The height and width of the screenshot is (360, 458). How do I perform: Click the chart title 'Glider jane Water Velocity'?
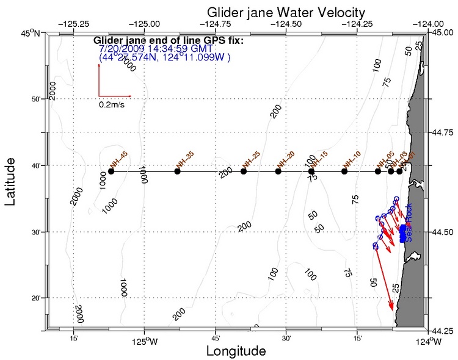click(x=286, y=12)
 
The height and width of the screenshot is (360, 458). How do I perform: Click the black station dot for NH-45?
click(x=111, y=171)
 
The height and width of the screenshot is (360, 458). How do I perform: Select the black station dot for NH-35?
click(x=178, y=171)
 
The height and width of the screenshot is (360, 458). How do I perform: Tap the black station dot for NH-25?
click(x=244, y=171)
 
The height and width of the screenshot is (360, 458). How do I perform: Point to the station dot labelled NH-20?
click(x=278, y=171)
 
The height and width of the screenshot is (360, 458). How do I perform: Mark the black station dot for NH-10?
click(x=344, y=171)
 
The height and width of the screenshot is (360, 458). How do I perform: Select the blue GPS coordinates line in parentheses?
click(x=164, y=57)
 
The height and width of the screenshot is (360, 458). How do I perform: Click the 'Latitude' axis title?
click(x=12, y=181)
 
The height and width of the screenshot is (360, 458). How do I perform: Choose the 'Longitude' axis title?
click(x=236, y=351)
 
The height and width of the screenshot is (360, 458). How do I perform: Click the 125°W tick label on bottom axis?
click(x=144, y=341)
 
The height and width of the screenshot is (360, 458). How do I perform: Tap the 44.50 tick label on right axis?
click(x=445, y=232)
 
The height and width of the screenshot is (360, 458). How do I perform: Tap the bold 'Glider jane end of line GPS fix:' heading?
click(x=168, y=41)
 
